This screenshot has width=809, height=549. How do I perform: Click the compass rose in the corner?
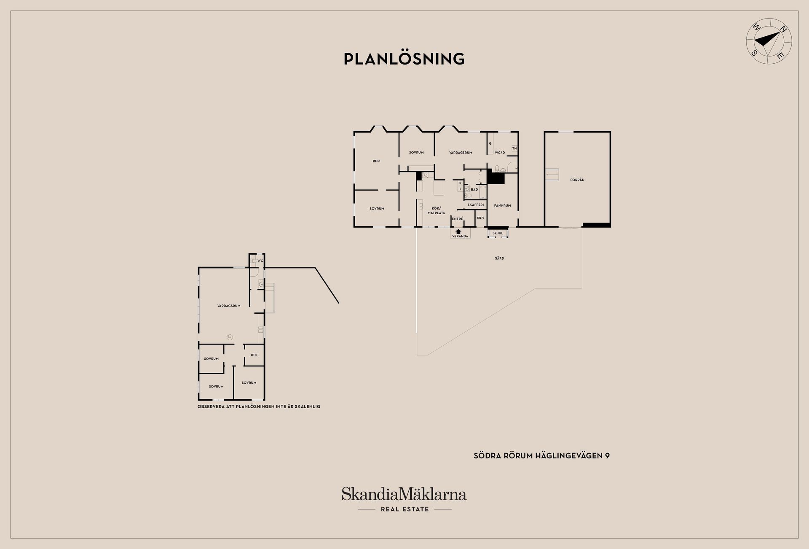769,41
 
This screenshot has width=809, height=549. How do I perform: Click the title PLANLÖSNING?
404,59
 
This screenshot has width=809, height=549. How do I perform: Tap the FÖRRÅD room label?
577,180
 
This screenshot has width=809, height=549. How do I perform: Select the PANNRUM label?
502,206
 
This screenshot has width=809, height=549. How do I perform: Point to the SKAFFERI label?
476,205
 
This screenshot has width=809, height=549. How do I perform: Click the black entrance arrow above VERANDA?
458,231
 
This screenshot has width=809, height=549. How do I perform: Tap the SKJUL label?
498,233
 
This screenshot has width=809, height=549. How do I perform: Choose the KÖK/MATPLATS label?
437,210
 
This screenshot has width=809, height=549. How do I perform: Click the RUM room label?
376,161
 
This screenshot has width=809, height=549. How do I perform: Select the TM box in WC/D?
514,148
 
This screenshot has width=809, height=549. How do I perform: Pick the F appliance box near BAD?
461,189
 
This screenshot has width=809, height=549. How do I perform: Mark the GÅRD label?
499,258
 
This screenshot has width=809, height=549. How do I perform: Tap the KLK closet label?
254,355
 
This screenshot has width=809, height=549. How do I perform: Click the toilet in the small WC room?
253,261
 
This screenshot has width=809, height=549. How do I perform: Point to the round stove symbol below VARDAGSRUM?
230,337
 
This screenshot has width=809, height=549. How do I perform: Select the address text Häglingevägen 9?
573,456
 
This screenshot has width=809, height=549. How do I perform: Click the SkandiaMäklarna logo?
404,500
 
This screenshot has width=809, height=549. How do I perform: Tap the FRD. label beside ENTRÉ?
481,218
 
